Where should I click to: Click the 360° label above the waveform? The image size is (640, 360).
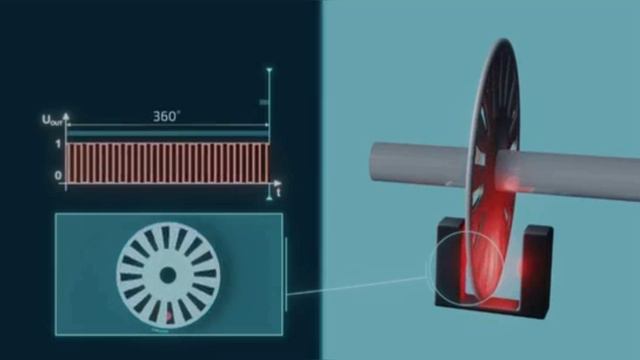[166, 116]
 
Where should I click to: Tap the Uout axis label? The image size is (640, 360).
[51, 120]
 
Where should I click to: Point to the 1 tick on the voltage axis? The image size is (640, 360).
[58, 144]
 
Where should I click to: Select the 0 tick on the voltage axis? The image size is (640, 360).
[58, 176]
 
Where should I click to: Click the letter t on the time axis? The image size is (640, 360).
[278, 192]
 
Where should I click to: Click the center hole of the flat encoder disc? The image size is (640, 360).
[167, 276]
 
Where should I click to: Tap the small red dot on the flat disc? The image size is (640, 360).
[168, 316]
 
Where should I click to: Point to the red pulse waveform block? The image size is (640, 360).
[167, 163]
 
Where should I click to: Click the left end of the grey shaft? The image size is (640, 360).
[374, 162]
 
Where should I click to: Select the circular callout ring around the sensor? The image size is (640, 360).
[429, 267]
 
